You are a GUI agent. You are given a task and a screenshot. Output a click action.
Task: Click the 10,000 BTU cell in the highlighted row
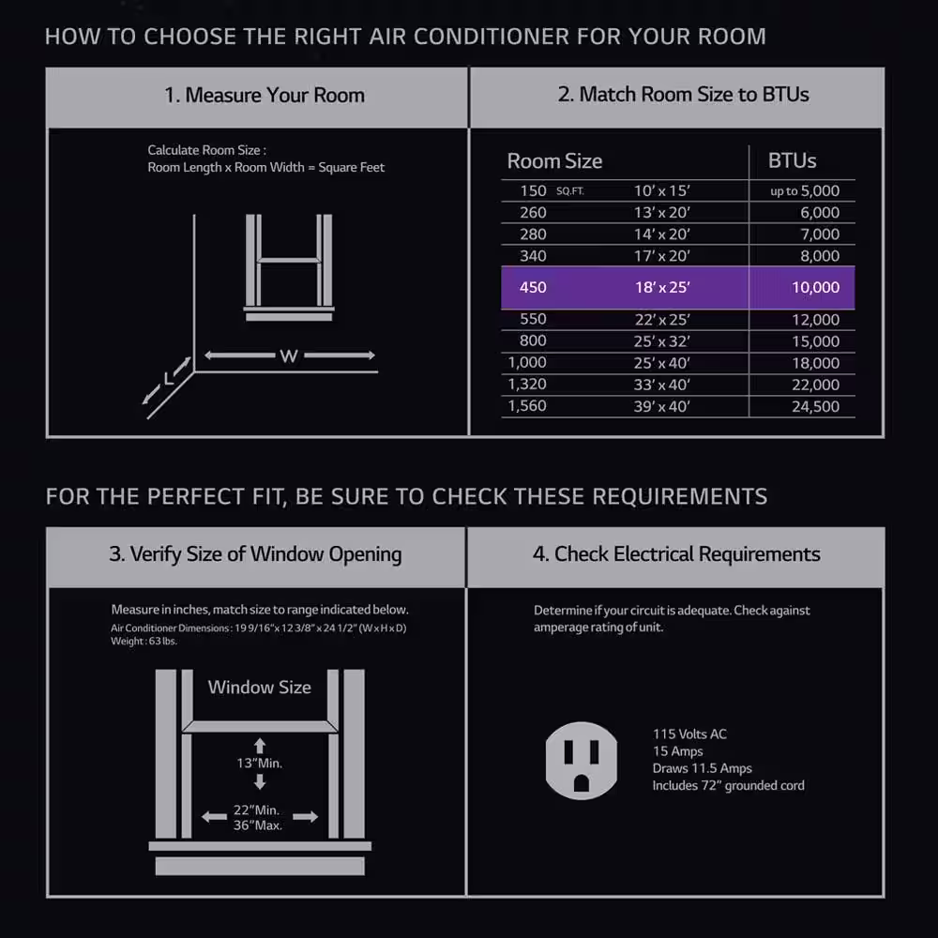coord(815,288)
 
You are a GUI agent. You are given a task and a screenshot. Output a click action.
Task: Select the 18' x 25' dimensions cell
coord(662,288)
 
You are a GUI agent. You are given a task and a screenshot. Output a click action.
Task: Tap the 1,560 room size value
coord(527,406)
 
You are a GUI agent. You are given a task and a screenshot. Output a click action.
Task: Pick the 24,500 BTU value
coord(815,407)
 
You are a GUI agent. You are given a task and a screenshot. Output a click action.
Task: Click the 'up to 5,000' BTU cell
coord(805,190)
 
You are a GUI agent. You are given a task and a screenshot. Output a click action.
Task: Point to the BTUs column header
coord(792,160)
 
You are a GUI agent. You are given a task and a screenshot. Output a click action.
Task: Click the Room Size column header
coord(554,161)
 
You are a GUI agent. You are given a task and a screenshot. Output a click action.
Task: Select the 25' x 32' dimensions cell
coord(661,341)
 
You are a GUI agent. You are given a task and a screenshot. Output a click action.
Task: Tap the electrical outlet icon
coord(581,761)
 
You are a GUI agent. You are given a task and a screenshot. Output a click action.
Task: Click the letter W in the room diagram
coord(289,356)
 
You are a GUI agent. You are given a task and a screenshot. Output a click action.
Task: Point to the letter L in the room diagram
coord(169,378)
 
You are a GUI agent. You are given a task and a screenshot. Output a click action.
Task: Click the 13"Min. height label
coord(260,764)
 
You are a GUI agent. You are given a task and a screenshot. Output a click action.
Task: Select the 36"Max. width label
coord(258,825)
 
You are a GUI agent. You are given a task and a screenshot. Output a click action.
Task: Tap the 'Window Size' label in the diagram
coord(260,688)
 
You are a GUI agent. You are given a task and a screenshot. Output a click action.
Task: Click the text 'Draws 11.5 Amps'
coord(703,768)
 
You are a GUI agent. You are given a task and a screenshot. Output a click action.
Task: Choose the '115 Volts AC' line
coord(689,734)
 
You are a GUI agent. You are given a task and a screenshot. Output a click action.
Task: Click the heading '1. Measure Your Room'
coord(265,95)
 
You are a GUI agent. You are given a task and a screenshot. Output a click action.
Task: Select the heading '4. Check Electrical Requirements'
coord(676,554)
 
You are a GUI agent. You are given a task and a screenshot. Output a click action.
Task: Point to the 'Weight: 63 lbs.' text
coord(144,642)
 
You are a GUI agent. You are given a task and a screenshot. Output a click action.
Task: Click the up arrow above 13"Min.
coord(260,746)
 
